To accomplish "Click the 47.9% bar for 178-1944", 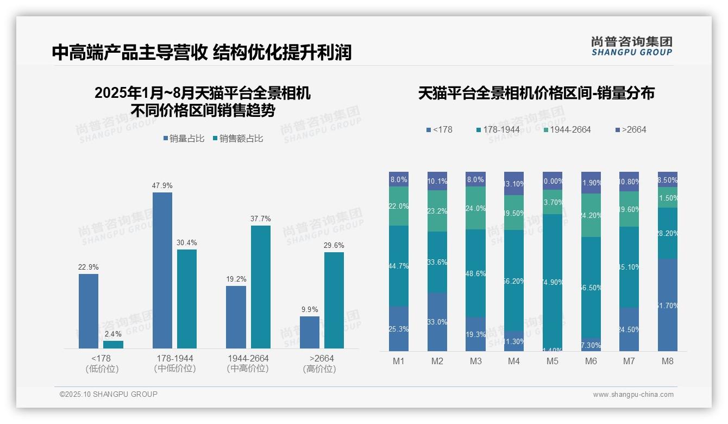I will tap(162, 270).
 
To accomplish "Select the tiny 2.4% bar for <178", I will tap(113, 345).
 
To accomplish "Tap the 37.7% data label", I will tap(261, 219).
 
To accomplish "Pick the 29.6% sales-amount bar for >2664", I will tap(334, 300).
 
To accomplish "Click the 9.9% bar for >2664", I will tap(310, 332).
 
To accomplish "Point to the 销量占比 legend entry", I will tap(184, 139).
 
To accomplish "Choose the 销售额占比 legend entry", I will tap(238, 139).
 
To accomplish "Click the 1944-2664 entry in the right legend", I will tap(567, 129).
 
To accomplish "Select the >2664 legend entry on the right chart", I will tap(631, 129).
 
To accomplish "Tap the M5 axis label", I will tap(553, 361).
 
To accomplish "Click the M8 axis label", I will tap(668, 361).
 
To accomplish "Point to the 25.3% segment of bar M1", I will tap(399, 329).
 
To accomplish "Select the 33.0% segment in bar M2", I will tap(437, 322).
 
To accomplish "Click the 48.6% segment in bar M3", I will tap(476, 273).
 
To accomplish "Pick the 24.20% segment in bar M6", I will tap(591, 215).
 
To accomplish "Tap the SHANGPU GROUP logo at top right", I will tap(631, 46).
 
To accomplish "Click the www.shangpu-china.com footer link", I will tap(633, 395).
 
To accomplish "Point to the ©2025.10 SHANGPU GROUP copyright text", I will tap(109, 394).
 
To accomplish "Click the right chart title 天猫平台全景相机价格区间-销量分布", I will tap(536, 93).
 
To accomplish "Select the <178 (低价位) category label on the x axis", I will tap(102, 364).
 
